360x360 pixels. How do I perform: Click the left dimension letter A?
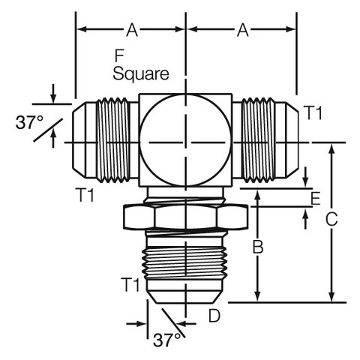pos(132,30)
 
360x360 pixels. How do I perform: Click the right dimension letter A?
pos(243,30)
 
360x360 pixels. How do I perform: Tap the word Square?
pos(141,74)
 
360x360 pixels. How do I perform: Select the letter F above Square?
pos(119,55)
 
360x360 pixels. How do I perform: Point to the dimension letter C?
pos(331,219)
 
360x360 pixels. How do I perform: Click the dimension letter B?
pos(258,247)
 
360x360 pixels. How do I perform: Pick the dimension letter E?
pos(316,199)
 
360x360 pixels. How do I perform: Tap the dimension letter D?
pos(214,316)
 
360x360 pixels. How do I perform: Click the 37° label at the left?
pos(29,122)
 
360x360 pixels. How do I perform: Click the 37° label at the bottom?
pos(166,340)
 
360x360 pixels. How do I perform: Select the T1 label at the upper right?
pos(314,112)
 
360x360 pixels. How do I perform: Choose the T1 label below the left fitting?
pos(85,195)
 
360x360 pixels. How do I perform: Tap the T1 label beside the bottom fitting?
pos(130,284)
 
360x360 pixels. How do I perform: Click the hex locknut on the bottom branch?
pos(186,217)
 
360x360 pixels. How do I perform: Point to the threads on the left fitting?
pos(113,140)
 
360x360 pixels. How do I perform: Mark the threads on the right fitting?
pos(258,140)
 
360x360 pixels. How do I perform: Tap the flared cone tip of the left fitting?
pos(79,140)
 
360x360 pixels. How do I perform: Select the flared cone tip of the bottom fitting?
pos(185,297)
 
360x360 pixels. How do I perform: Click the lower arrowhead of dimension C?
pos(331,298)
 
